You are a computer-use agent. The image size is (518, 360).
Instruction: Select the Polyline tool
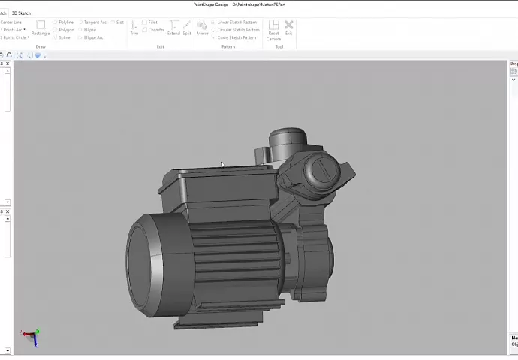coord(65,22)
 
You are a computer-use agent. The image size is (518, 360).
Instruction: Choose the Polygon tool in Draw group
coord(65,30)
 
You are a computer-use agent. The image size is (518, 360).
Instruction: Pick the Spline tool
coord(63,37)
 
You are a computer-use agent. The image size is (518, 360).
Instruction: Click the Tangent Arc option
coord(94,22)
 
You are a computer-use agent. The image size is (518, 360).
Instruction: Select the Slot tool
coord(119,22)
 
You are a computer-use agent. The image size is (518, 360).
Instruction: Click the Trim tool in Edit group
coord(134,28)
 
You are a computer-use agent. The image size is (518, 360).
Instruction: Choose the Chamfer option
coord(155,30)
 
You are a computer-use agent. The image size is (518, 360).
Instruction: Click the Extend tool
coord(173,28)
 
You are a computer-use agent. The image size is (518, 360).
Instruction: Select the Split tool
coord(187,28)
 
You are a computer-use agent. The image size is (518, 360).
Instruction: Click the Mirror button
coord(203,28)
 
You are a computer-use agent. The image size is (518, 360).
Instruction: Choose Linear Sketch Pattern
coord(236,22)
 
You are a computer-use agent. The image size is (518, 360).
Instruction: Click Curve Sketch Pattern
coord(236,37)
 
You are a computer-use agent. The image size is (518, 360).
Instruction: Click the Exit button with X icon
coord(288,28)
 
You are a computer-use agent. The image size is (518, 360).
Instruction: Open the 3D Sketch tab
coord(21,13)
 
